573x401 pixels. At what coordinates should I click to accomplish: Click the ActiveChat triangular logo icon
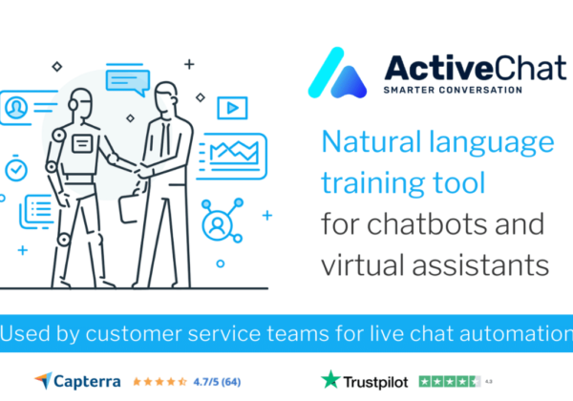click(337, 74)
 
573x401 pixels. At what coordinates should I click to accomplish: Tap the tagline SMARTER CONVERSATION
click(453, 90)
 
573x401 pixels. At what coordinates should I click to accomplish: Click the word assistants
click(480, 264)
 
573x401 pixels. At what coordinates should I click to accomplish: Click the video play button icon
click(232, 108)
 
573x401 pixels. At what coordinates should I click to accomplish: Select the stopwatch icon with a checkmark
click(16, 168)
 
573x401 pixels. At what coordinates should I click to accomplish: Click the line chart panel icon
click(232, 156)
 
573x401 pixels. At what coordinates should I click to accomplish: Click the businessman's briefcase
click(129, 207)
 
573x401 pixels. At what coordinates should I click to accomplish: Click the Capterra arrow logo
click(44, 381)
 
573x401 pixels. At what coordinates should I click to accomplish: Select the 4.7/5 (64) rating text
click(217, 382)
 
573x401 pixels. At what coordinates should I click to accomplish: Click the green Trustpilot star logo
click(330, 379)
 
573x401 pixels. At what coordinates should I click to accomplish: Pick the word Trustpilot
click(375, 382)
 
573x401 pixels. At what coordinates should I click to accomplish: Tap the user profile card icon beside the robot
click(29, 108)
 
